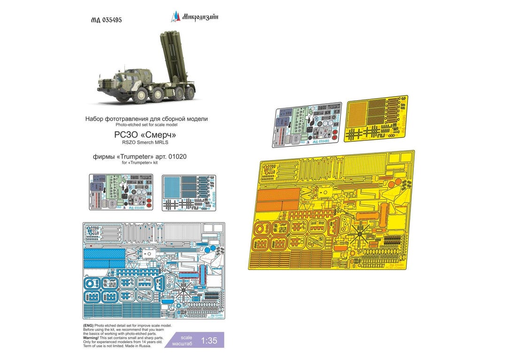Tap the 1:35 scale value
tap(211, 341)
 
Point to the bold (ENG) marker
tap(88, 325)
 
